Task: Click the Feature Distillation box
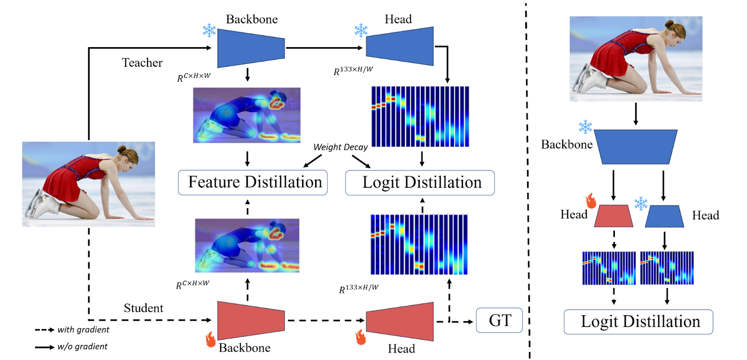[x=253, y=182]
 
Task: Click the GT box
[x=499, y=320]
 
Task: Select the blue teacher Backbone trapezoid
[x=251, y=48]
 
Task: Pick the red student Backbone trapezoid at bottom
[x=251, y=320]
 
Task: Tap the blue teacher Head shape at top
[x=400, y=47]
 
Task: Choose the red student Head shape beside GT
[x=400, y=321]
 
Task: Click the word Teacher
[x=142, y=63]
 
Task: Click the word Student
[x=143, y=308]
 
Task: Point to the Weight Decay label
[x=340, y=147]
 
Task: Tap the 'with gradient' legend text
[x=83, y=330]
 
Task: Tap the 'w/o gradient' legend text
[x=82, y=346]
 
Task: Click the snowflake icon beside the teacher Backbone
[x=209, y=30]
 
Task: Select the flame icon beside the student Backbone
[x=211, y=339]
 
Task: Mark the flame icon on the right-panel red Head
[x=591, y=200]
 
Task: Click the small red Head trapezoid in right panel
[x=613, y=216]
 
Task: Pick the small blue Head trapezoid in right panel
[x=664, y=216]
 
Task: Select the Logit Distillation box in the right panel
[x=638, y=322]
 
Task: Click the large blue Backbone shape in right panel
[x=635, y=147]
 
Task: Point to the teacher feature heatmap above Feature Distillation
[x=247, y=115]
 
